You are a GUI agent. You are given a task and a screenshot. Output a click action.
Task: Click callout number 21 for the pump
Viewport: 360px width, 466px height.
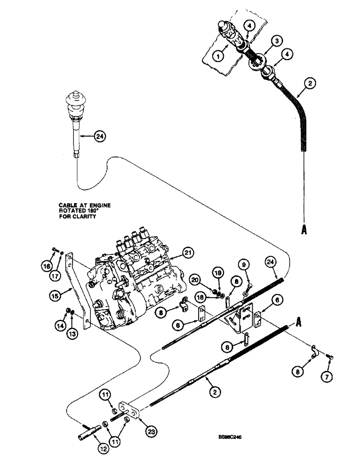tap(188, 254)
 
